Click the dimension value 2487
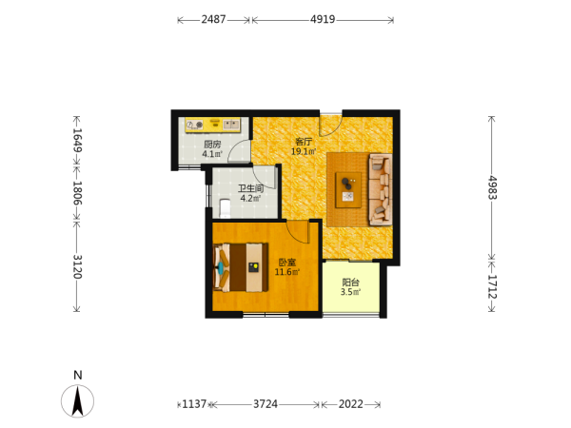click(x=213, y=19)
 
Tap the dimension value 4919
click(x=323, y=19)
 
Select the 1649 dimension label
click(x=77, y=140)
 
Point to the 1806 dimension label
click(x=77, y=193)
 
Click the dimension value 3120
click(x=77, y=266)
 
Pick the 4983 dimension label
click(x=492, y=187)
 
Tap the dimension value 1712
click(x=492, y=286)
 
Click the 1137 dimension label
click(x=194, y=404)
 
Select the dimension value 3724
click(x=266, y=404)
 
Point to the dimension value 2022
click(x=350, y=404)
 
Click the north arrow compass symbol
click(x=77, y=400)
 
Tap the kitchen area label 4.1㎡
click(x=212, y=154)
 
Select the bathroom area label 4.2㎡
click(x=250, y=199)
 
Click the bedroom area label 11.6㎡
click(x=287, y=272)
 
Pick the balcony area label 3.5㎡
click(x=350, y=292)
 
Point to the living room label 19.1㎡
click(x=304, y=151)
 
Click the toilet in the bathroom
click(x=226, y=208)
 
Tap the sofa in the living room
click(x=381, y=189)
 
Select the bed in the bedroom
click(x=241, y=267)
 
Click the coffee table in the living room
click(x=348, y=190)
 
